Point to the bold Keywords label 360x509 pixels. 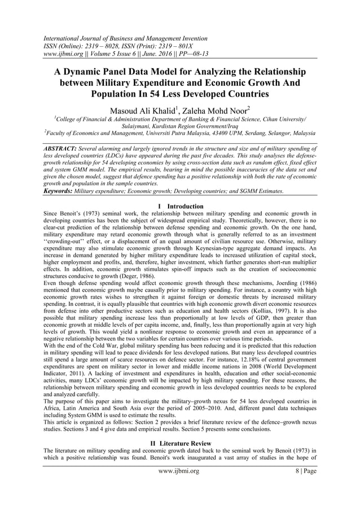pos(62,192)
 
